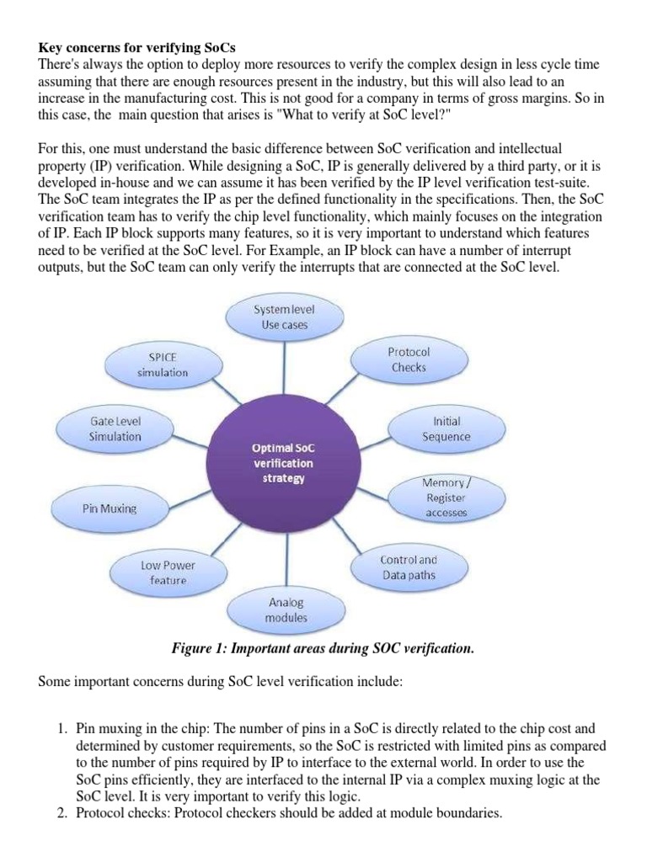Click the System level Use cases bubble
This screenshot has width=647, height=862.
[x=285, y=317]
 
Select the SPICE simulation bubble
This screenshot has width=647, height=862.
[x=163, y=364]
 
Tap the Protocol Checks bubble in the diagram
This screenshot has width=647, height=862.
[x=408, y=359]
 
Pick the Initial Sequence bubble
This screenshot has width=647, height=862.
[x=446, y=428]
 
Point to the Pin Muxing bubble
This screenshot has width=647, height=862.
[x=110, y=508]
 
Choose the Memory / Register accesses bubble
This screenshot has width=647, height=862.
[x=446, y=498]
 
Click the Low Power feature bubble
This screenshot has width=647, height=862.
[x=168, y=572]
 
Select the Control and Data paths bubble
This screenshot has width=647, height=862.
[x=409, y=567]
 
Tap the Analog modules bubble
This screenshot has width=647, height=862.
[x=287, y=610]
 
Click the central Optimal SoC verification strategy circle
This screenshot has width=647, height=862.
[x=283, y=463]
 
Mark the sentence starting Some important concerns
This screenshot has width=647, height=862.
[x=222, y=683]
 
